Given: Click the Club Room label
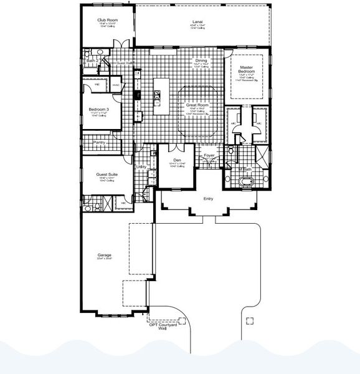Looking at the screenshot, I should pyautogui.click(x=108, y=20).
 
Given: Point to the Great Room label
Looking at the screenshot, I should pyautogui.click(x=197, y=105).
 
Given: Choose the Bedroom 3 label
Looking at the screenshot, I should pyautogui.click(x=99, y=109).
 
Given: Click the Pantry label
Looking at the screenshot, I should pyautogui.click(x=99, y=142).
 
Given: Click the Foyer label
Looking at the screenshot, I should pyautogui.click(x=209, y=156).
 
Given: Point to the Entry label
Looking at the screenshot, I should pyautogui.click(x=208, y=199).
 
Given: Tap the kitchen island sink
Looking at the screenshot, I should pyautogui.click(x=158, y=95).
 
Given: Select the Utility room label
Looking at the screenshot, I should pyautogui.click(x=142, y=167).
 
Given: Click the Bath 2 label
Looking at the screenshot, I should pyautogui.click(x=92, y=61).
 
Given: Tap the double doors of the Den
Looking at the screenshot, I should pyautogui.click(x=178, y=147).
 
